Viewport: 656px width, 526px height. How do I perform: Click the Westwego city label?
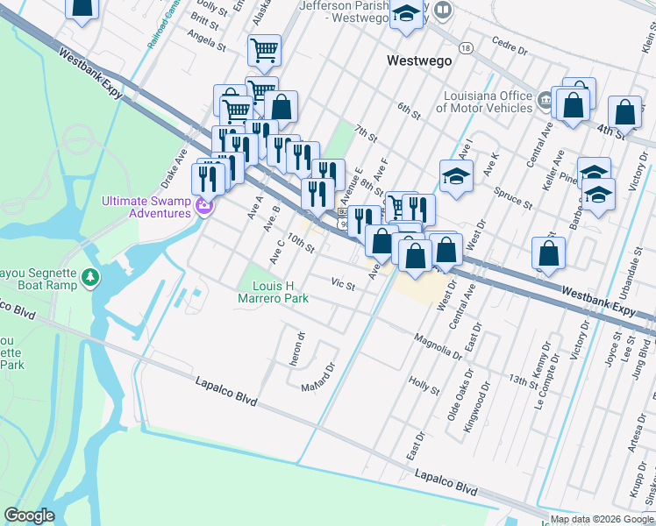419,60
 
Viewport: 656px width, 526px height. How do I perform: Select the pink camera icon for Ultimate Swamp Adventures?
204,207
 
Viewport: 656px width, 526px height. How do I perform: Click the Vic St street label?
343,285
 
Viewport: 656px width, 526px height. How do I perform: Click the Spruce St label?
513,197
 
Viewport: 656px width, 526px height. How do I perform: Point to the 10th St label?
300,243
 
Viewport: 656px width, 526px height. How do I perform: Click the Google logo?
29,515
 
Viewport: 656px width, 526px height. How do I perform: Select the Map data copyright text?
602,519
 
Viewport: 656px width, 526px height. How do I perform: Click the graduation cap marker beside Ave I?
456,176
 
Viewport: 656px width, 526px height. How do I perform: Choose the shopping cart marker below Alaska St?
263,50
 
